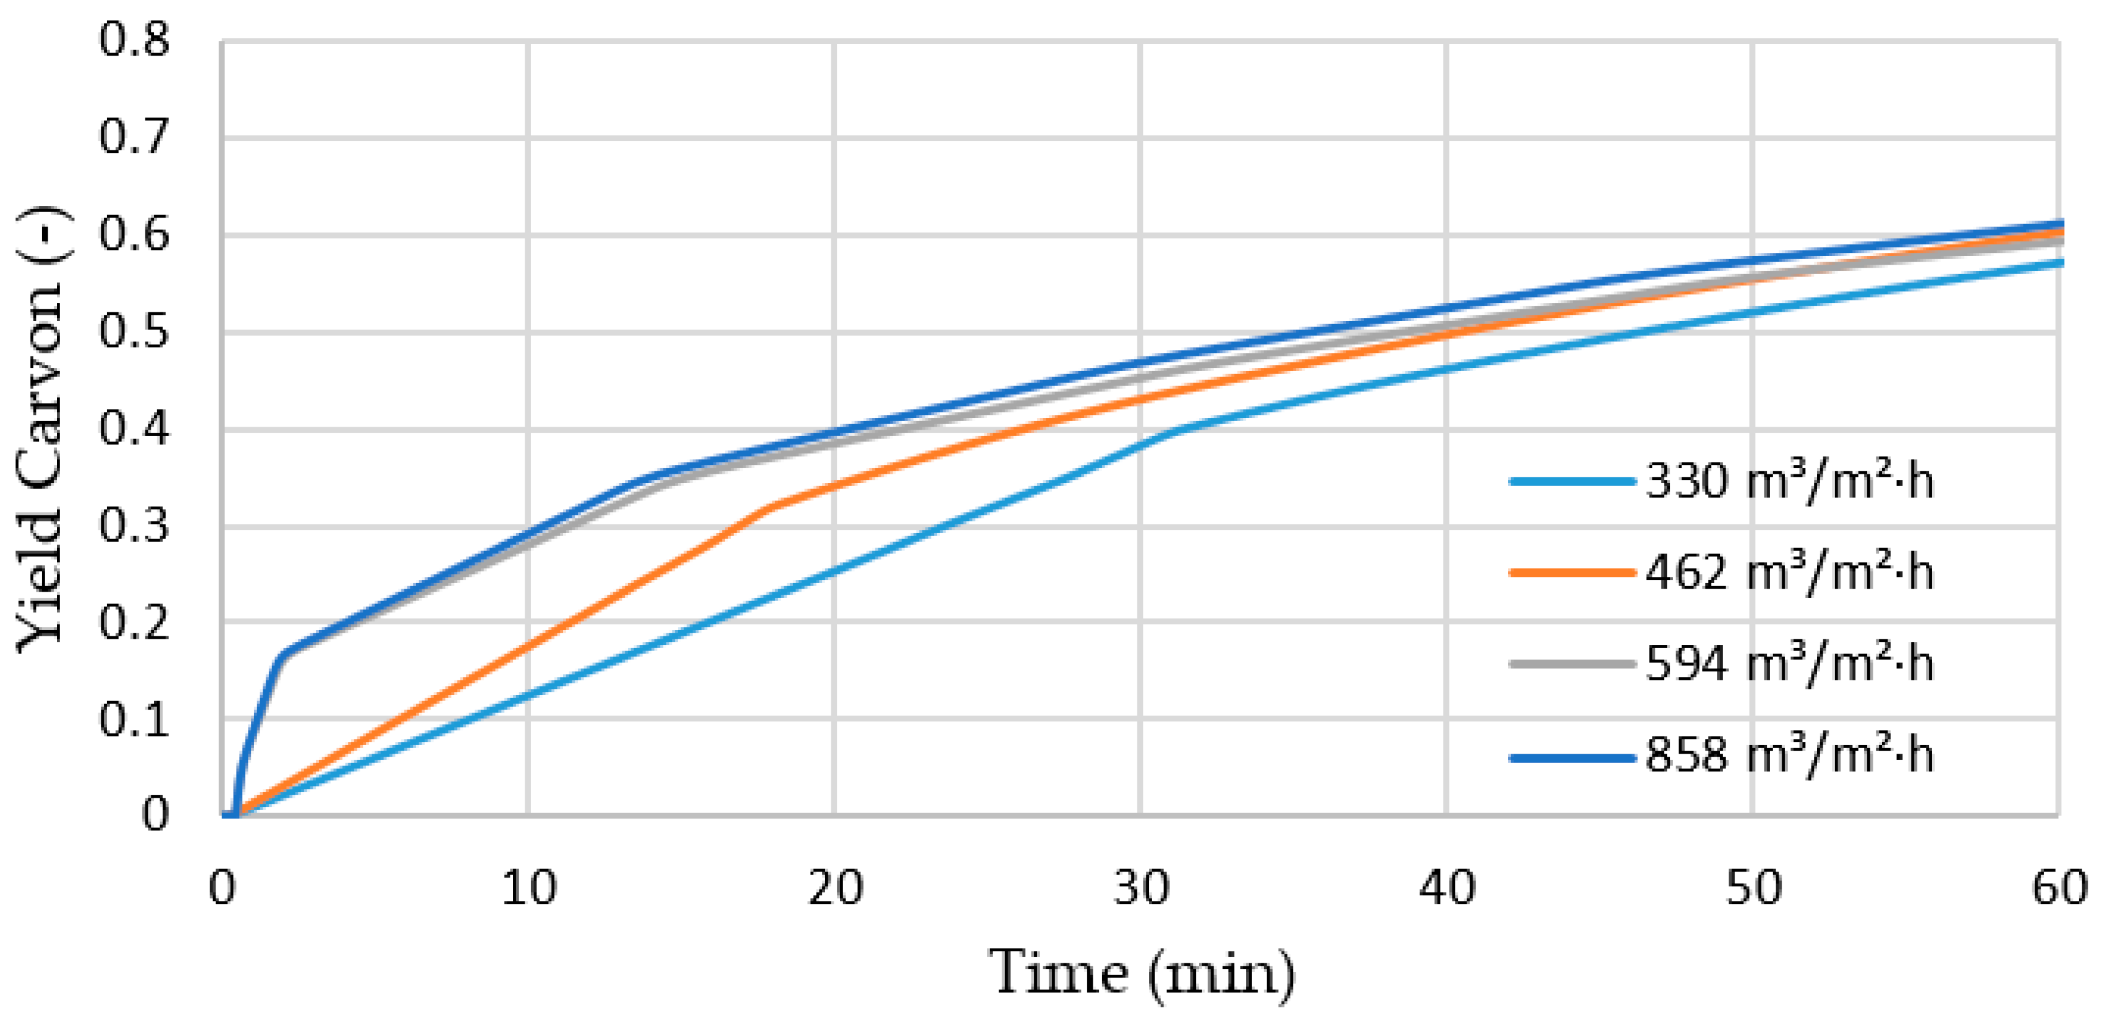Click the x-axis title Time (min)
click(1142, 972)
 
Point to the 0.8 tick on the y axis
click(134, 39)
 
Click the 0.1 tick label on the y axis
click(134, 719)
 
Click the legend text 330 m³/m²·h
click(1788, 481)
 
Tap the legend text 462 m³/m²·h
click(1788, 573)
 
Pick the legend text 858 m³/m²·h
click(1788, 755)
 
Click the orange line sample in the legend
click(1572, 573)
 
